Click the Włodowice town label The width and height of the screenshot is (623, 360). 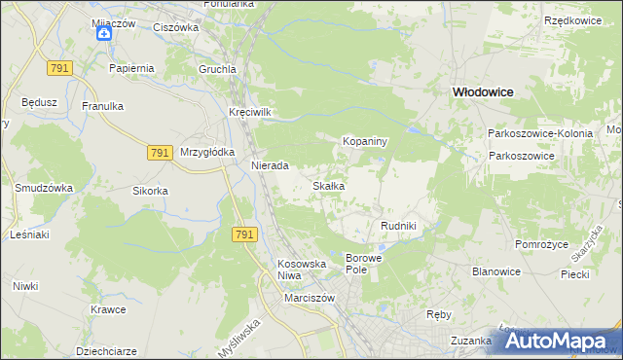[482, 90]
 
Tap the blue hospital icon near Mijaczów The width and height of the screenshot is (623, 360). [104, 33]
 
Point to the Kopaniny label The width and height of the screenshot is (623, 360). [365, 141]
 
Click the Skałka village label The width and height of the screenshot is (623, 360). [328, 185]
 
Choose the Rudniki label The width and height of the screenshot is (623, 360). [398, 226]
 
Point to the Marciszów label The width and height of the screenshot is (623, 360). [310, 298]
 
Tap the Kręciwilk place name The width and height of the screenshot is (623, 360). [249, 112]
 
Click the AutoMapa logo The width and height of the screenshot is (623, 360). [560, 342]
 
